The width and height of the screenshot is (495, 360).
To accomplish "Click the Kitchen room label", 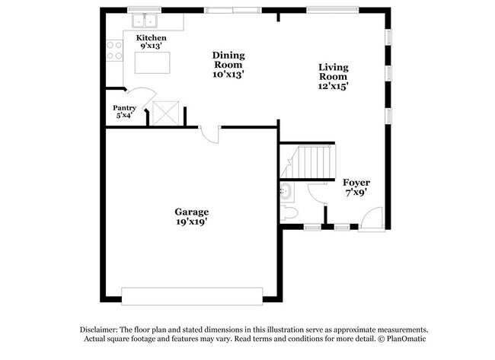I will pyautogui.click(x=151, y=38).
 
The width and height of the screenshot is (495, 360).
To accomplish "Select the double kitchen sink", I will pyautogui.click(x=142, y=20).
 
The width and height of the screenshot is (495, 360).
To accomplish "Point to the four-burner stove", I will pyautogui.click(x=114, y=51).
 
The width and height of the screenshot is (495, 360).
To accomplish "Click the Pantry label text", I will pyautogui.click(x=124, y=108).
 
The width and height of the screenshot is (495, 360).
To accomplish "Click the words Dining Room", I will pyautogui.click(x=228, y=60).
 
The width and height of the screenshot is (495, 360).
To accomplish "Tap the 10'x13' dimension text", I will pyautogui.click(x=228, y=75).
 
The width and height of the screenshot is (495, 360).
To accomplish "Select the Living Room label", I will pyautogui.click(x=333, y=72).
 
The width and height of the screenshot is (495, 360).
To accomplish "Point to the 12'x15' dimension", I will pyautogui.click(x=333, y=87).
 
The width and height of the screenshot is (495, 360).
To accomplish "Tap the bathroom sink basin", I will pyautogui.click(x=286, y=190).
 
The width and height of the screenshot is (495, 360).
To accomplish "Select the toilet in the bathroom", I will pyautogui.click(x=287, y=212).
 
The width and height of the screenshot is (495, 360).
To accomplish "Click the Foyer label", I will pyautogui.click(x=356, y=183).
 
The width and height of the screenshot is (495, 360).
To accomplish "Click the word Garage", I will pyautogui.click(x=191, y=212).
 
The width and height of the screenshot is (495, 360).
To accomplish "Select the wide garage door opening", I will pyautogui.click(x=192, y=295).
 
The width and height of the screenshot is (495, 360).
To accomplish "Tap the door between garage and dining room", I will pyautogui.click(x=210, y=132).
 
